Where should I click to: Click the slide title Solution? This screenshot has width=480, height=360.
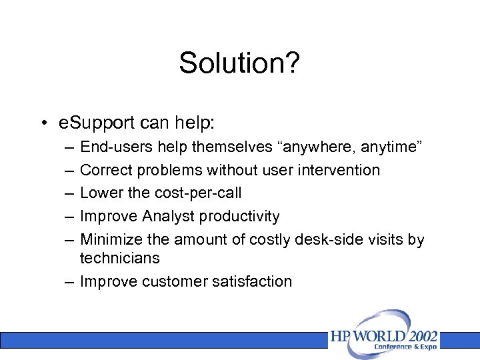pyautogui.click(x=239, y=63)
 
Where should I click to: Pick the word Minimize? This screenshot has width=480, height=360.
pyautogui.click(x=109, y=239)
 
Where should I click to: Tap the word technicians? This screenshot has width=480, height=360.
pyautogui.click(x=119, y=258)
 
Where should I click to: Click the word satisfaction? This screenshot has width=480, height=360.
pyautogui.click(x=254, y=281)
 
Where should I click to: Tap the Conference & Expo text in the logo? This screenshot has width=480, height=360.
pyautogui.click(x=405, y=347)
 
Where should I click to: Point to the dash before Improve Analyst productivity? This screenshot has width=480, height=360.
pyautogui.click(x=70, y=216)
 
